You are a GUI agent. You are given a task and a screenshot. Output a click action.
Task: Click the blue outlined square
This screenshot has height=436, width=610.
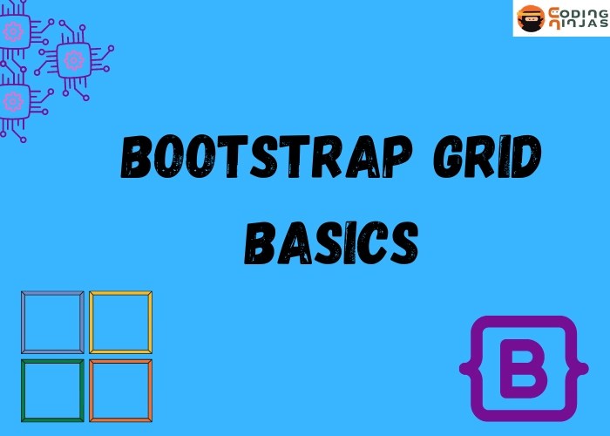pos(52,322)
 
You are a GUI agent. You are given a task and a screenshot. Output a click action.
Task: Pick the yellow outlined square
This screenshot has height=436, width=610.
pos(120,322)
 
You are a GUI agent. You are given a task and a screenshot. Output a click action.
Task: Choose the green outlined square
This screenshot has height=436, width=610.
pos(52,389)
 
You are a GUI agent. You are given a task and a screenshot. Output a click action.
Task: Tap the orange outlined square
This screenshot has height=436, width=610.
pos(120,389)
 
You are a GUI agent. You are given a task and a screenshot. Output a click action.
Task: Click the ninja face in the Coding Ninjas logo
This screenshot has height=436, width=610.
pos(530,17)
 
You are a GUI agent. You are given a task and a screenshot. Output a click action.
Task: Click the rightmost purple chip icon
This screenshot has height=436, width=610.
pos(74,58)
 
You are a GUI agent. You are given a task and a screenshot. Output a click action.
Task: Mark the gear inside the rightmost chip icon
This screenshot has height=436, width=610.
pos(74,58)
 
